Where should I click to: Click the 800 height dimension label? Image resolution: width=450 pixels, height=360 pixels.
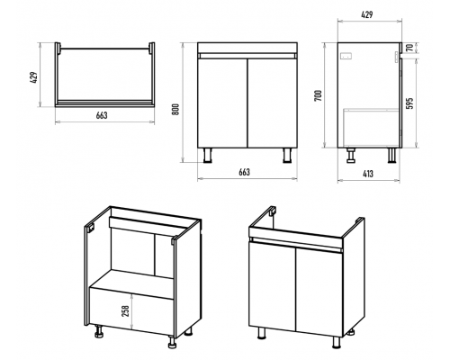tap(176, 109)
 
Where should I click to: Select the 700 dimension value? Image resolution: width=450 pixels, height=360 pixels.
tap(319, 95)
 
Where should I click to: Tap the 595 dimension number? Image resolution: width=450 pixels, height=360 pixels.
tap(410, 103)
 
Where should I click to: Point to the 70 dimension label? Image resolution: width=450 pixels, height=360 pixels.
tap(409, 48)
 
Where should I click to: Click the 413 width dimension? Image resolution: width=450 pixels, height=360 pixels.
tap(368, 174)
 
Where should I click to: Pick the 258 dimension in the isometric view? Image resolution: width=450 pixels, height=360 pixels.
tap(126, 310)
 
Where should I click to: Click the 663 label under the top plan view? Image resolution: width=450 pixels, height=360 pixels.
tap(102, 115)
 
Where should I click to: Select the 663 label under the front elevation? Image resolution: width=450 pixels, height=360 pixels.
tap(244, 172)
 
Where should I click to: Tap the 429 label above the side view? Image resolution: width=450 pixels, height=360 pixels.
tap(367, 14)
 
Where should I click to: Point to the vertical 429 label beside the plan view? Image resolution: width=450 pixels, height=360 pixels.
tap(35, 77)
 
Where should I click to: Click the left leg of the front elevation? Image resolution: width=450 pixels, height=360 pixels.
tap(207, 155)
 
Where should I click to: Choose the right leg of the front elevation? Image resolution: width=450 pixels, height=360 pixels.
tap(287, 155)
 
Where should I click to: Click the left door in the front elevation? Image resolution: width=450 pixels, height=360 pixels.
tap(222, 103)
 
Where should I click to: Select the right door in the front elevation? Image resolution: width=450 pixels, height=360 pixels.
tap(273, 103)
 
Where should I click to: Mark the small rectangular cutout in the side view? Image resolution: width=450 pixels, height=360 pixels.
tap(347, 56)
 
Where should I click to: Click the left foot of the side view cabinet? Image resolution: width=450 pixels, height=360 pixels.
tap(351, 155)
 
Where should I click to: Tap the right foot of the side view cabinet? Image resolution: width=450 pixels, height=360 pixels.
tap(391, 155)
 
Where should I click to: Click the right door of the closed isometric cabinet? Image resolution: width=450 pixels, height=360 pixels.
tap(319, 292)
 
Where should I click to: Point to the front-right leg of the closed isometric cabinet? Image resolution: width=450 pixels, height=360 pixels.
tap(337, 342)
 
